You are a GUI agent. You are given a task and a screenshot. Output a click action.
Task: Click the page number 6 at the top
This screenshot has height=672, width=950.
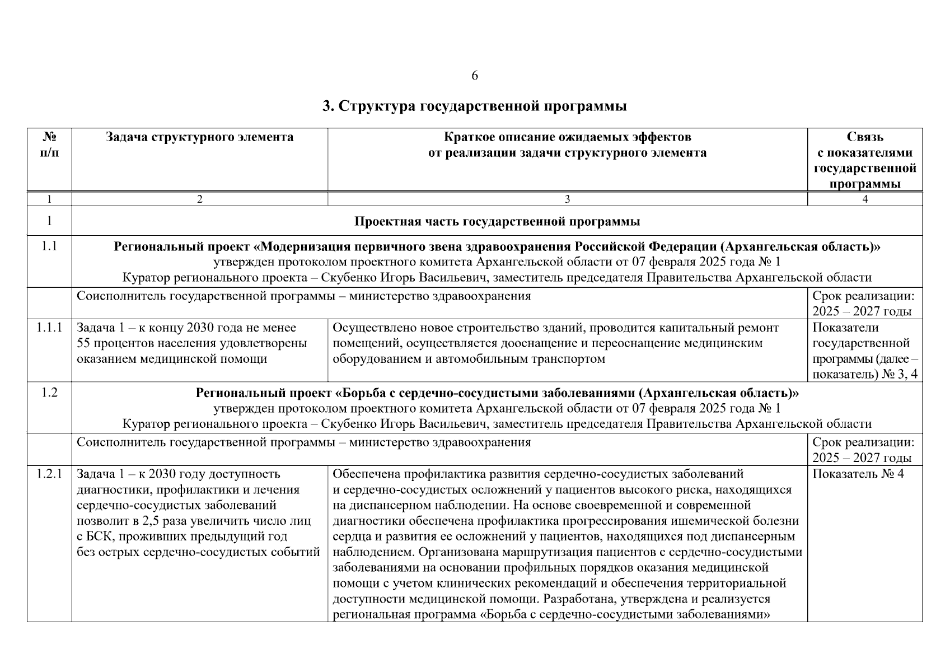475,76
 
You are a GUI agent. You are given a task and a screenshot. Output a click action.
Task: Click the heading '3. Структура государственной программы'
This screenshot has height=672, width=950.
474,106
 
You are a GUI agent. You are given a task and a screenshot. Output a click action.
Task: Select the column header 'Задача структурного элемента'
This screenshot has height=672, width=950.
199,137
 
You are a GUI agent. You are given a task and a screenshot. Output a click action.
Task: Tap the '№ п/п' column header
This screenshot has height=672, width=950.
49,145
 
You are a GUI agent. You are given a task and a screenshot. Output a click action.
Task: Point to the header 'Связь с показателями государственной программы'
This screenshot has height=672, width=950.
864,160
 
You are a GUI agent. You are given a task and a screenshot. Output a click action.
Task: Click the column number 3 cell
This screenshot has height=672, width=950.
567,199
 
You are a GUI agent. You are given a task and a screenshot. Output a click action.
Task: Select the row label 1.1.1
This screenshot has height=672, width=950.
49,328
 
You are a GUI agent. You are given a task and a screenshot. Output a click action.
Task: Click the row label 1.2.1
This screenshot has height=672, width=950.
49,474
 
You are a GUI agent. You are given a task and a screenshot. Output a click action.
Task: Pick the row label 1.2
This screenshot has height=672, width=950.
49,393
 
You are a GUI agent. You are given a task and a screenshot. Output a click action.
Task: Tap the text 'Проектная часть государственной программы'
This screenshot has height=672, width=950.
497,222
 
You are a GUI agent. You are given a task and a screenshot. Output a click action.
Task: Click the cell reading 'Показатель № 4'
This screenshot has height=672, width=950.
858,474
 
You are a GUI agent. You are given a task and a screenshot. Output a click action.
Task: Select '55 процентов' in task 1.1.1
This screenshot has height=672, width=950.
110,343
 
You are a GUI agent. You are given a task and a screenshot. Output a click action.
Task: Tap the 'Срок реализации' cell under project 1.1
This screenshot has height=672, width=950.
864,304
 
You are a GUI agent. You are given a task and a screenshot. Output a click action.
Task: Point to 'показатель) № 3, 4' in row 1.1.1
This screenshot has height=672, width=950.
864,375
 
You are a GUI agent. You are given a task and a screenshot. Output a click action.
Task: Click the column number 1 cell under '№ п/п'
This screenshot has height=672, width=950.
49,199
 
